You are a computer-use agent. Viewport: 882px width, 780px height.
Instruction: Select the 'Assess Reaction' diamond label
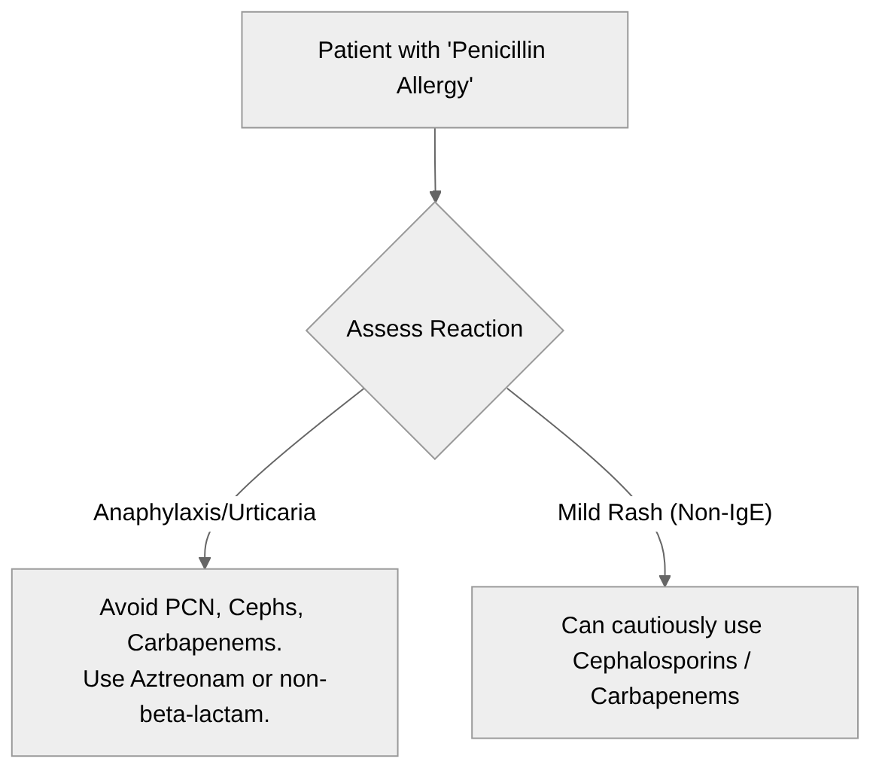(x=434, y=329)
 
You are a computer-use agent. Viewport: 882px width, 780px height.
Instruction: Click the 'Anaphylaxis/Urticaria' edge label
(x=205, y=513)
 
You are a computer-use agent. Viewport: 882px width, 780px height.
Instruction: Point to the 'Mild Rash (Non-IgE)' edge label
(x=665, y=513)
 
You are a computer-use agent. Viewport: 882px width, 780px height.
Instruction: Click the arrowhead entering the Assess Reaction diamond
(x=435, y=196)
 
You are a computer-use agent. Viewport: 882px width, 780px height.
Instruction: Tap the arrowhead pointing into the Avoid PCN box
(x=205, y=562)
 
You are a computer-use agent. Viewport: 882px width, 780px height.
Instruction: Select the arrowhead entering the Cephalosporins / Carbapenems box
(x=665, y=580)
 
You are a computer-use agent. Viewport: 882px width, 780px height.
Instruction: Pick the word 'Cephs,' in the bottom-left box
(x=266, y=607)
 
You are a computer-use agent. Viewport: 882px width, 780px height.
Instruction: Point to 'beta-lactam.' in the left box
(x=205, y=714)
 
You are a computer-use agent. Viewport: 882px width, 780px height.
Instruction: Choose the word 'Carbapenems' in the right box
(x=665, y=696)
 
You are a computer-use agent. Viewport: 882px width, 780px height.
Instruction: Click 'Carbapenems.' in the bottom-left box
(x=205, y=643)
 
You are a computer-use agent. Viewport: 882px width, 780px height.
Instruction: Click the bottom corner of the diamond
(x=435, y=457)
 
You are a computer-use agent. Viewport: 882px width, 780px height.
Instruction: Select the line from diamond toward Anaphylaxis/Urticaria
(x=301, y=437)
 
